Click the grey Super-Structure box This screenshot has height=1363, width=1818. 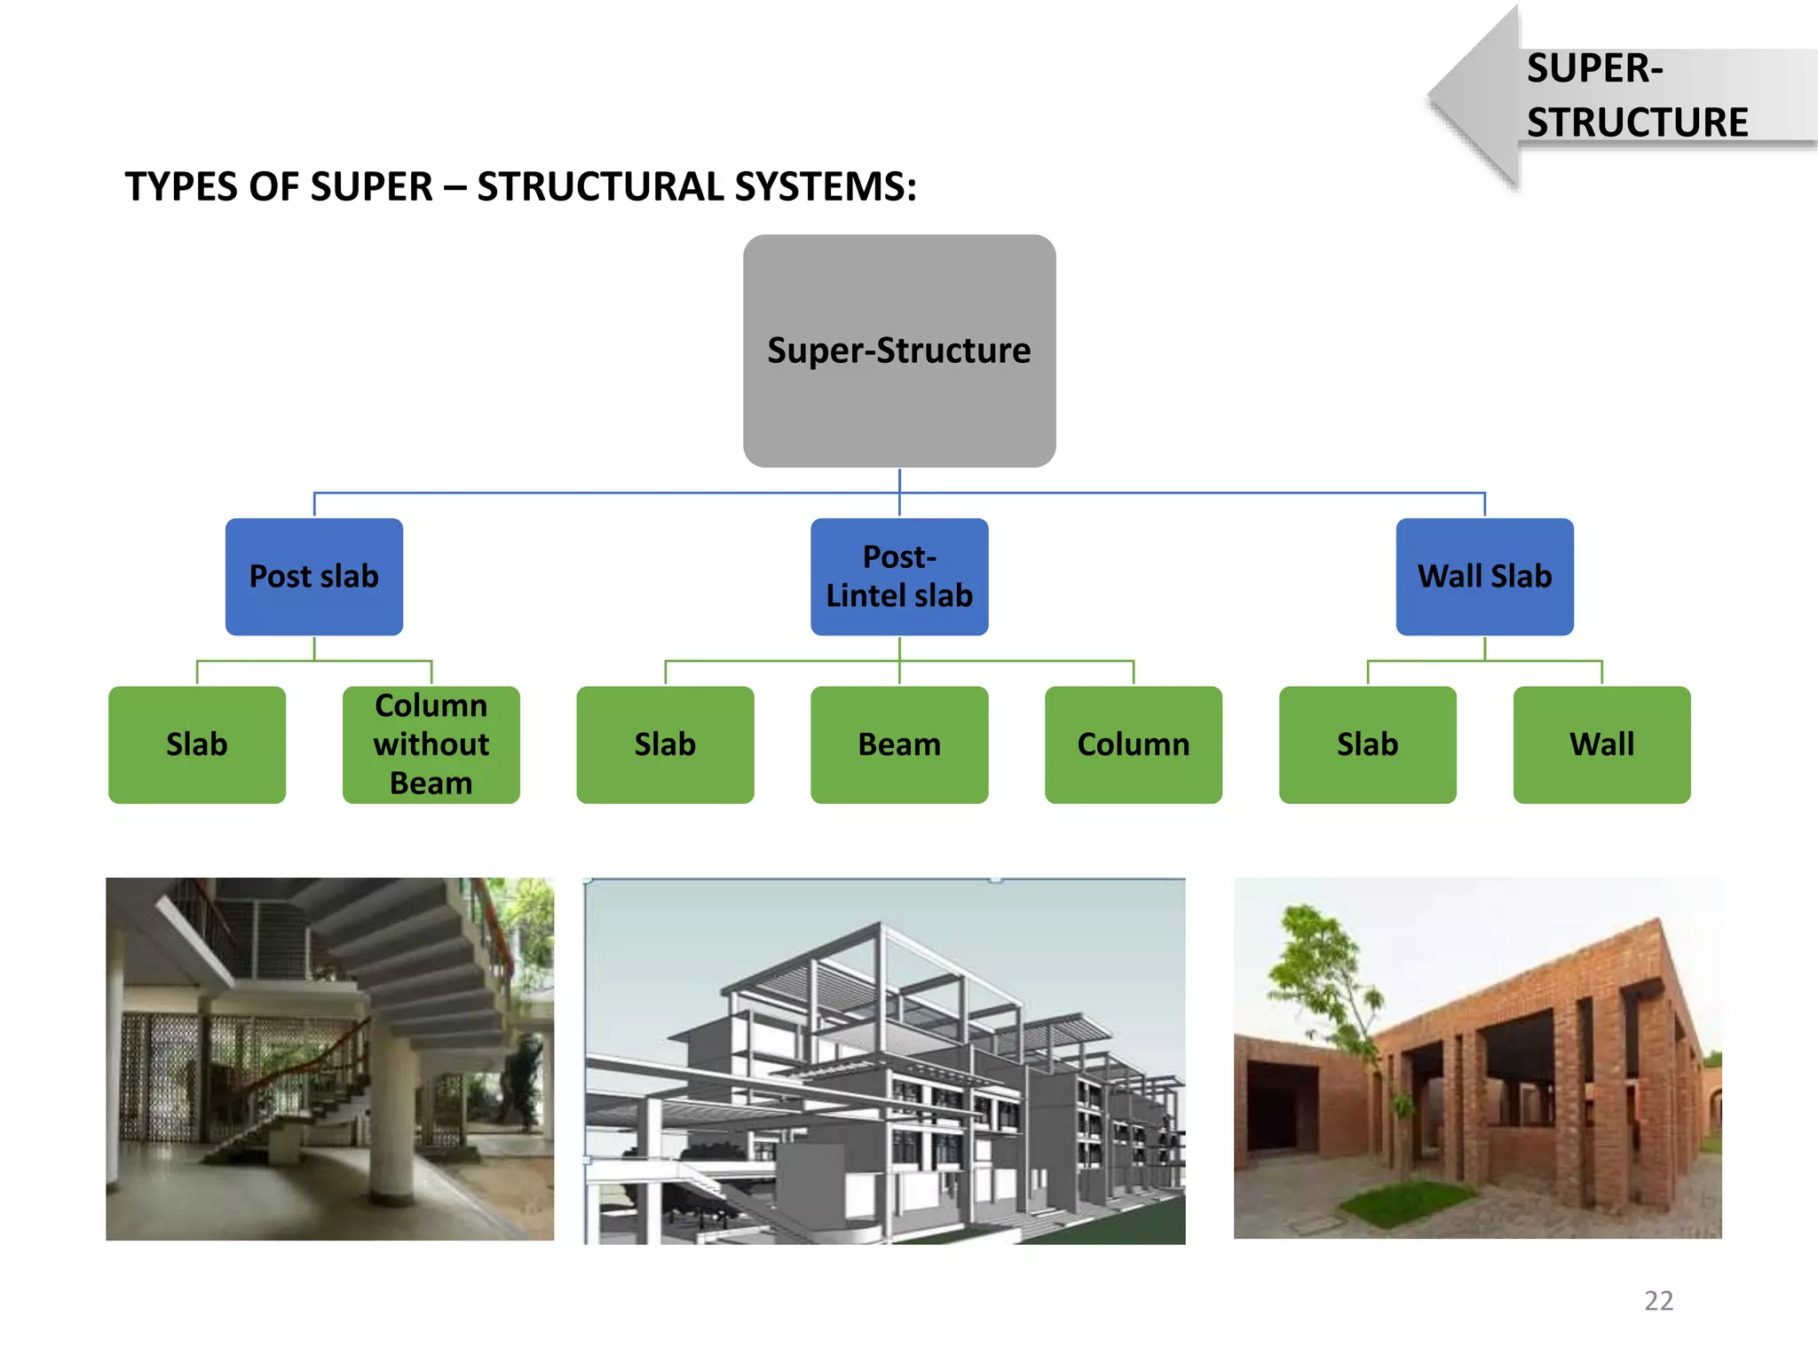pos(898,351)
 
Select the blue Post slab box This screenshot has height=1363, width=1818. pos(313,577)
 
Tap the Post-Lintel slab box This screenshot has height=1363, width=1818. pos(898,577)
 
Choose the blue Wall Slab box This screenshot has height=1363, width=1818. pos(1484,577)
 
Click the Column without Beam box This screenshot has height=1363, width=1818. pos(431,745)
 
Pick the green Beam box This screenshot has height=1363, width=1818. pos(898,745)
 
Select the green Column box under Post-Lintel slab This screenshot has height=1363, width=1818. pos(1133,745)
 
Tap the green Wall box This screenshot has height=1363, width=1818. pos(1601,745)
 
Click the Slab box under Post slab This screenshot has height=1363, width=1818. pos(196,745)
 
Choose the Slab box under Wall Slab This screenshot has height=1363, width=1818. pos(1367,745)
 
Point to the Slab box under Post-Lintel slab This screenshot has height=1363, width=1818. pos(665,745)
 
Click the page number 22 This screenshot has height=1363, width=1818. pos(1658,1301)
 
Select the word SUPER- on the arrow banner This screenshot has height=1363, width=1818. pos(1594,69)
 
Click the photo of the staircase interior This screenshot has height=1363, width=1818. pos(329,1059)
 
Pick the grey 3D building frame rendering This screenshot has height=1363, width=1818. pos(884,1061)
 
